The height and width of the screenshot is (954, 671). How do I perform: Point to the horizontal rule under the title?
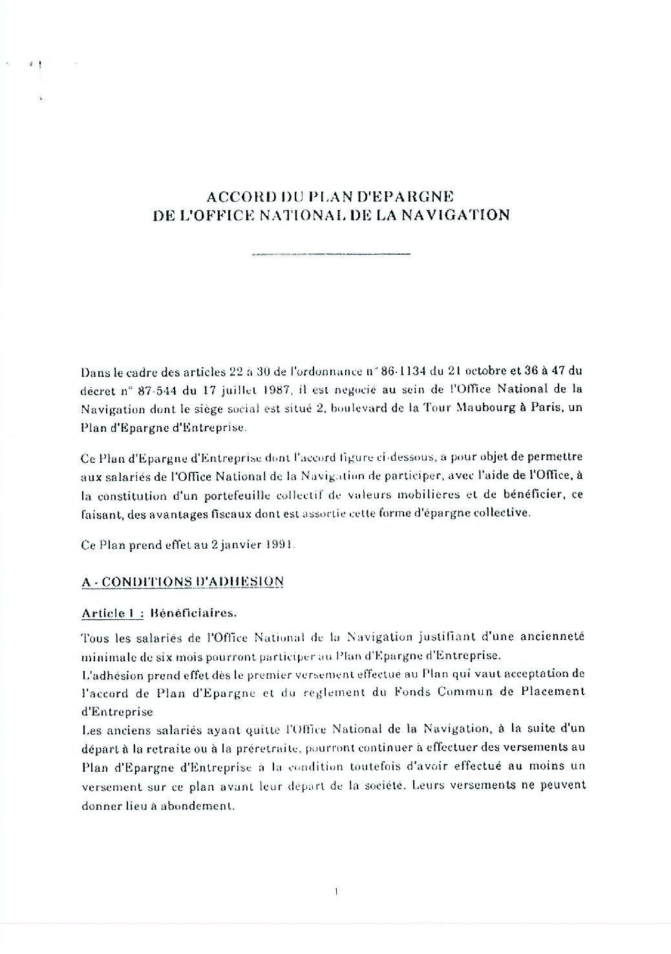pyautogui.click(x=330, y=255)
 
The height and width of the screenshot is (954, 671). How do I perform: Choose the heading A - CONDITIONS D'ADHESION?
pyautogui.click(x=182, y=581)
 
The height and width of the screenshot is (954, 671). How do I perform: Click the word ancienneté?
pyautogui.click(x=551, y=637)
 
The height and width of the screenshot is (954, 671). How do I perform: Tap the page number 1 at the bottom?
pyautogui.click(x=337, y=893)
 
